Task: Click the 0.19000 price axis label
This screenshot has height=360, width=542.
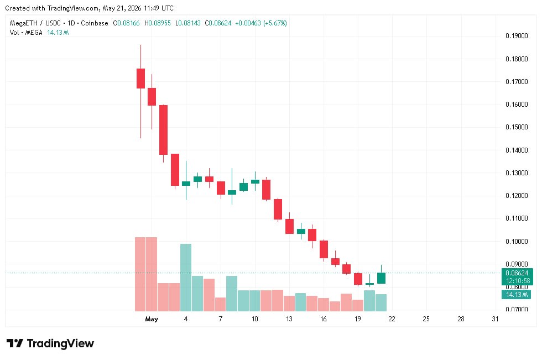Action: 517,35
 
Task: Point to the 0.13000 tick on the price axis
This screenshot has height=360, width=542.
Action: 517,173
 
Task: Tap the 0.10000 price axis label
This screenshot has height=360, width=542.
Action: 517,241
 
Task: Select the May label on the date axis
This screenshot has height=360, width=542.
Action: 152,319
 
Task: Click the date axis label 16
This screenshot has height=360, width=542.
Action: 323,319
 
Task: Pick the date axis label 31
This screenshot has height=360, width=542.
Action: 495,319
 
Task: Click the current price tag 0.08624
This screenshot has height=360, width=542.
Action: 517,273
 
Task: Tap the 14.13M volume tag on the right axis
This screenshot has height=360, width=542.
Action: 517,295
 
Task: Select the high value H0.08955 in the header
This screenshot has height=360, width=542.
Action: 158,23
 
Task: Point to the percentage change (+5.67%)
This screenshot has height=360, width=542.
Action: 275,23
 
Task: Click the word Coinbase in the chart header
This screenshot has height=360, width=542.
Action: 95,23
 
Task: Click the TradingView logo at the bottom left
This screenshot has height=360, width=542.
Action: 50,343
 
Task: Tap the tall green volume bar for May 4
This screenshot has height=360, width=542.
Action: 186,278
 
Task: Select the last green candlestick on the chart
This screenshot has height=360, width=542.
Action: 381,278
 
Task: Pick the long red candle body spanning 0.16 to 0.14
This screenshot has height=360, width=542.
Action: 164,130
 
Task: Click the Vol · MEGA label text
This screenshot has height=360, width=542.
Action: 26,33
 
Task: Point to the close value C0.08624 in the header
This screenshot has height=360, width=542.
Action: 218,23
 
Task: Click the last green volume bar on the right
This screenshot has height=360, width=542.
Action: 381,302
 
